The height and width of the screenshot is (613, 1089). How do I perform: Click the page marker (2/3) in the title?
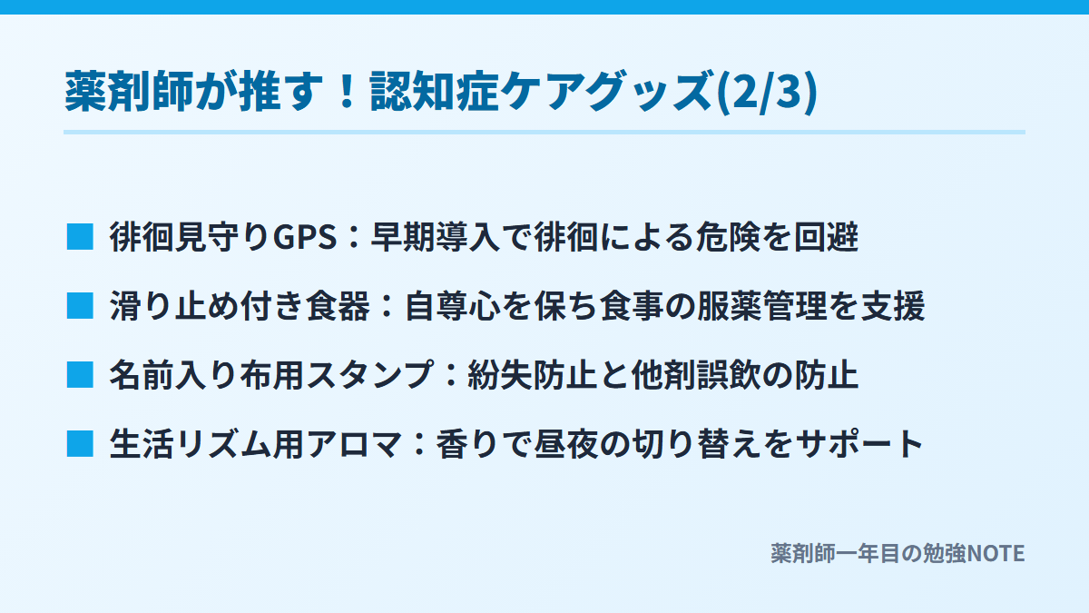[767, 92]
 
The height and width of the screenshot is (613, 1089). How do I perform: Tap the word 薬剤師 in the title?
[129, 92]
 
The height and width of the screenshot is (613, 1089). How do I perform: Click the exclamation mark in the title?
[347, 91]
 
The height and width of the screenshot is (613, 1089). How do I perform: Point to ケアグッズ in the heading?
[608, 92]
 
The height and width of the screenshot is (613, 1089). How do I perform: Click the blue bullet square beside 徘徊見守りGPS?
[80, 237]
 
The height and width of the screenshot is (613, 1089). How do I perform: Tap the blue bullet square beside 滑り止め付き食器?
[80, 305]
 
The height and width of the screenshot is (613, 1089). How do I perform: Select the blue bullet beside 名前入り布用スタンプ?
[80, 374]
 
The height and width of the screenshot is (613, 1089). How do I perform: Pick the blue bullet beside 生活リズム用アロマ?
[80, 444]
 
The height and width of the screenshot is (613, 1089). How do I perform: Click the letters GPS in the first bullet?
[304, 237]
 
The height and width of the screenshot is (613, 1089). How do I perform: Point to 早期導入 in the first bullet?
[435, 237]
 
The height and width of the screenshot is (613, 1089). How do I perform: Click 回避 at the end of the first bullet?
[826, 237]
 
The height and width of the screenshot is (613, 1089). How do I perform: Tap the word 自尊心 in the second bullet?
[452, 306]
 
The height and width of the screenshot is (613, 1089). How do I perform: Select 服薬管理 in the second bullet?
[761, 306]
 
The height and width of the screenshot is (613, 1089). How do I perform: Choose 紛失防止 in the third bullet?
[532, 374]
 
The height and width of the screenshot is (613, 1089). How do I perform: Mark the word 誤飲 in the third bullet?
[728, 374]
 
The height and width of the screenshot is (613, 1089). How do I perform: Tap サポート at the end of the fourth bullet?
[859, 444]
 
